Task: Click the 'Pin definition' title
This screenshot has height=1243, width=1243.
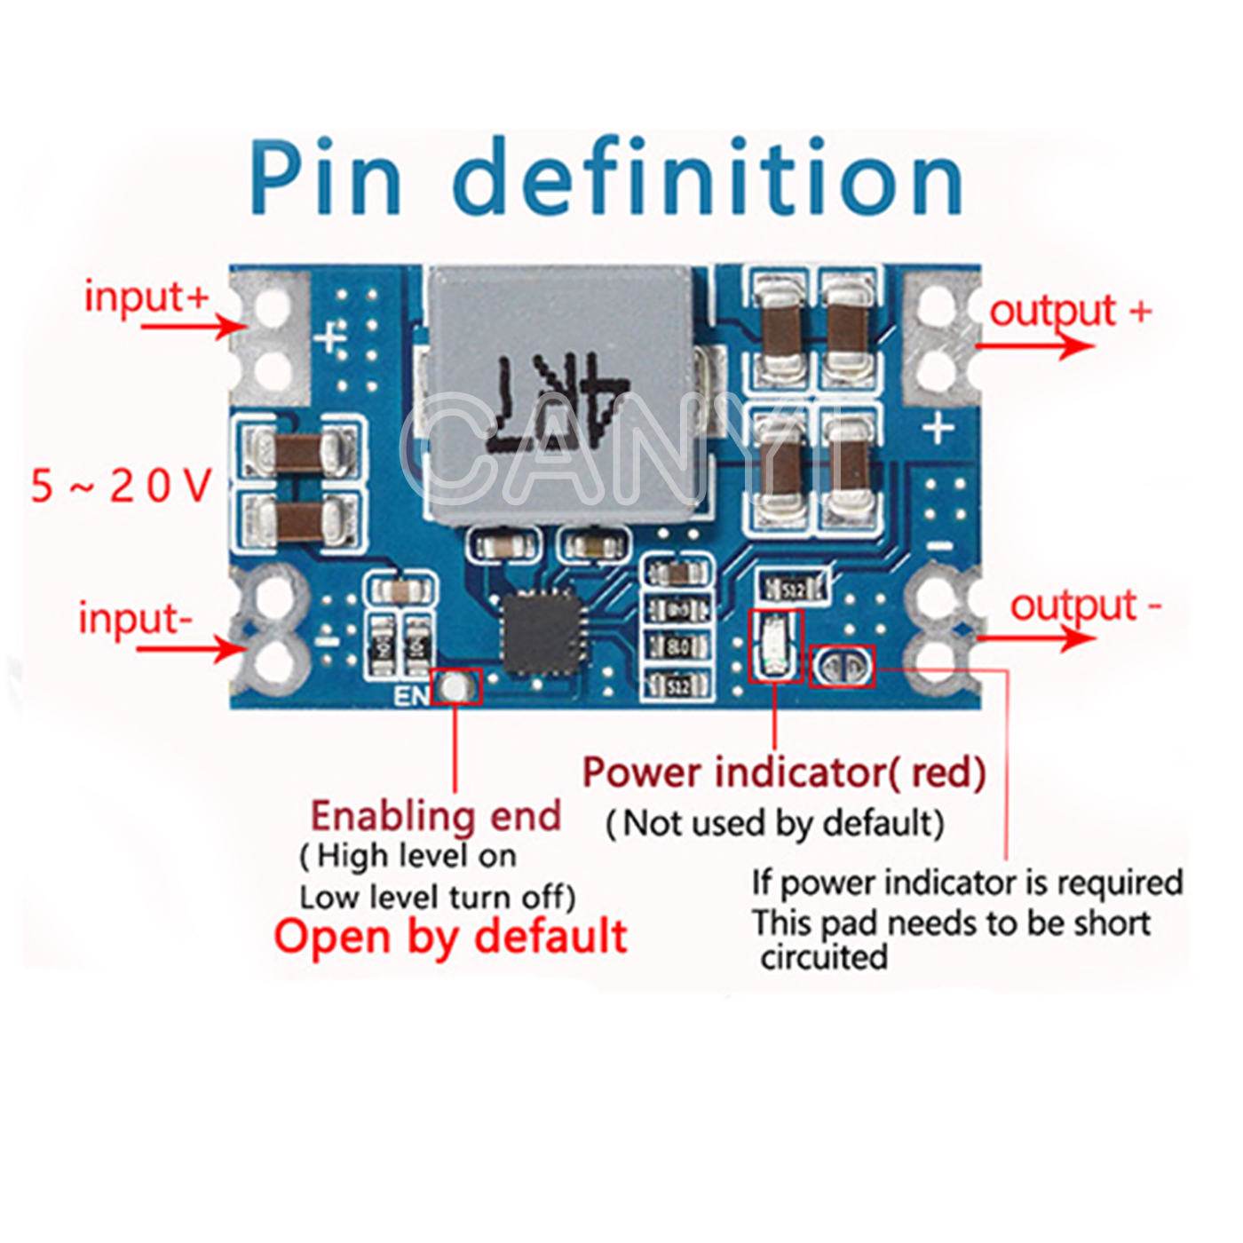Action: click(x=606, y=178)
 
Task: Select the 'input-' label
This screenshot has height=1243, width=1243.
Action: click(x=135, y=618)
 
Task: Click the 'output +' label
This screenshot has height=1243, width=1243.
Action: click(x=1070, y=312)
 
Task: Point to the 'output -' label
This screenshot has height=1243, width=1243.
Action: click(x=1085, y=606)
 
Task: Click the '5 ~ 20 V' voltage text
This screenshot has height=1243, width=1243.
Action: click(x=122, y=486)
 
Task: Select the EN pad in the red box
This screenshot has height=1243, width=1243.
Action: click(x=456, y=686)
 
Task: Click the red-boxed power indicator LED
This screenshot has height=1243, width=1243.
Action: click(x=775, y=645)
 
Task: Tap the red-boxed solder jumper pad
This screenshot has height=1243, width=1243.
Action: click(x=842, y=666)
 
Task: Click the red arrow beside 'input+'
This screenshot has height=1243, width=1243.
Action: click(x=191, y=327)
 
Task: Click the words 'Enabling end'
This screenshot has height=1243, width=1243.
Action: click(x=436, y=815)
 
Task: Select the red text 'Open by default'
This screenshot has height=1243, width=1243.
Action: click(x=450, y=937)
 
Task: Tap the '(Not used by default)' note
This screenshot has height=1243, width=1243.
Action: click(x=774, y=823)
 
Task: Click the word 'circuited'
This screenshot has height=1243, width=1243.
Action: click(x=824, y=957)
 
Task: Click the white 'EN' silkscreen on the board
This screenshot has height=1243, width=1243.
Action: click(x=410, y=695)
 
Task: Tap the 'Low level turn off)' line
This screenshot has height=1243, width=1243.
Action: click(x=438, y=897)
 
